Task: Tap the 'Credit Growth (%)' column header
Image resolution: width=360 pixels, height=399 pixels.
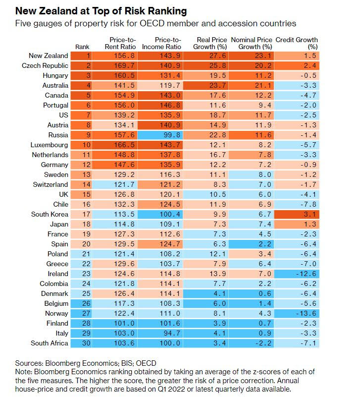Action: pyautogui.click(x=297, y=43)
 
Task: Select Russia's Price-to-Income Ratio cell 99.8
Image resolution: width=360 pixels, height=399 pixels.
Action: pyautogui.click(x=168, y=135)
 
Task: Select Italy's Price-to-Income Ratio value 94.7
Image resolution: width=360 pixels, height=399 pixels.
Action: pyautogui.click(x=168, y=333)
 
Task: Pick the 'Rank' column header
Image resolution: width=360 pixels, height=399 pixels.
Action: pyautogui.click(x=83, y=47)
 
